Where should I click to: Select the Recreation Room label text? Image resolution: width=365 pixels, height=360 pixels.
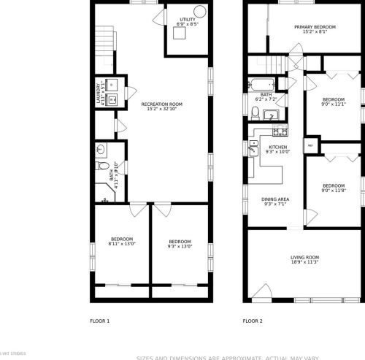coord(161,107)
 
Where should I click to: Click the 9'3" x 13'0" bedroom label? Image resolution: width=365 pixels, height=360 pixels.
coord(180,244)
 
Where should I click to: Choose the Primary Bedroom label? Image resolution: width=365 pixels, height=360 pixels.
coord(315,30)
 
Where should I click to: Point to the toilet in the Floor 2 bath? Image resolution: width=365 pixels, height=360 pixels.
coord(254,112)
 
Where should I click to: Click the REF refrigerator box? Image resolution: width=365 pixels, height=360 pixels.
coord(310,146)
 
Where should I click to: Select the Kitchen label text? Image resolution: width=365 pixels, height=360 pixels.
coord(278,149)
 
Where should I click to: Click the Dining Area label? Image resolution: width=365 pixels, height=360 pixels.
coord(275,201)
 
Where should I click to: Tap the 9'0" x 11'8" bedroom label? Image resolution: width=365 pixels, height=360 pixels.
coord(334,188)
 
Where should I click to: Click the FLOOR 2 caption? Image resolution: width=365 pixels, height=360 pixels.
coord(253,321)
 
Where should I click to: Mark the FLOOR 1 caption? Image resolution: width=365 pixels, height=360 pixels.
coord(99,321)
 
